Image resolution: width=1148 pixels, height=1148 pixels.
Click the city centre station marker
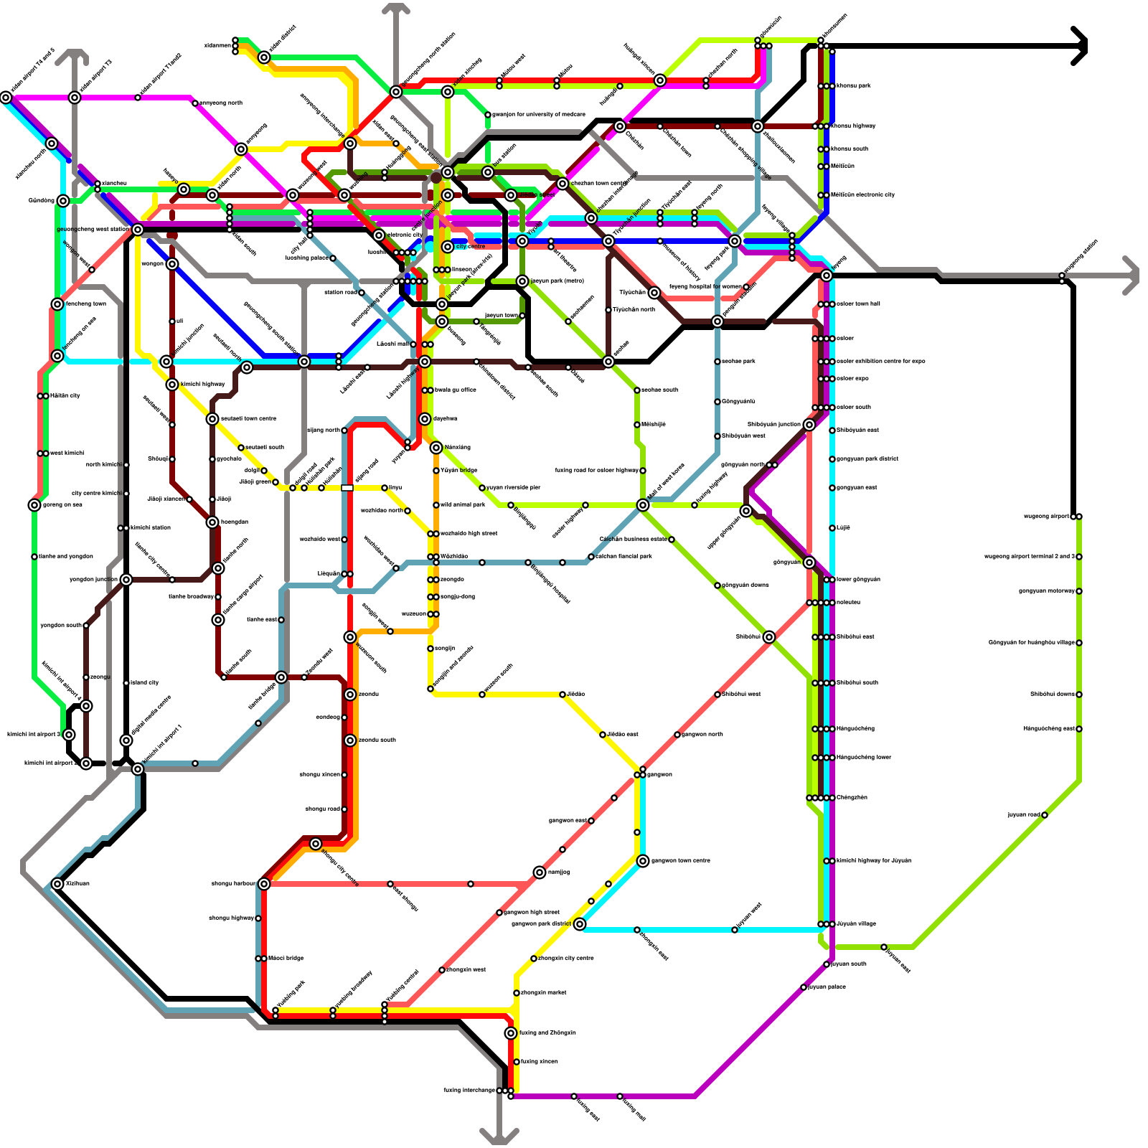pyautogui.click(x=448, y=247)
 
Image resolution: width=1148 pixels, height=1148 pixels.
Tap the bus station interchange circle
pyautogui.click(x=488, y=172)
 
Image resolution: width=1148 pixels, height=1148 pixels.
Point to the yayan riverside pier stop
pyautogui.click(x=482, y=488)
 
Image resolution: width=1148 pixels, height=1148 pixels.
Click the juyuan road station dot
pyautogui.click(x=1045, y=815)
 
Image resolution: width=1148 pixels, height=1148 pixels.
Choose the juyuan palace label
pyautogui.click(x=827, y=987)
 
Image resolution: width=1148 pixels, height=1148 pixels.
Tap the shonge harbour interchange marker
pyautogui.click(x=264, y=884)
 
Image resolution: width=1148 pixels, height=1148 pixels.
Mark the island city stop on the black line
pyautogui.click(x=126, y=683)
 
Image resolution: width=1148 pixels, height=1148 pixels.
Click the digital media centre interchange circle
pyautogui.click(x=126, y=740)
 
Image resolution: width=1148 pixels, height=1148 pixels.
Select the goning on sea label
pyautogui.click(x=62, y=505)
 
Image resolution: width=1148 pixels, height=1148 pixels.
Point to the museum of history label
pyautogui.click(x=682, y=262)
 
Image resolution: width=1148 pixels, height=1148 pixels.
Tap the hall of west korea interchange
pyautogui.click(x=643, y=505)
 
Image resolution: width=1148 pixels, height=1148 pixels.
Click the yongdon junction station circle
pyautogui.click(x=126, y=580)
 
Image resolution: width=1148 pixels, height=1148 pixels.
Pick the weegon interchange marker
pyautogui.click(x=172, y=264)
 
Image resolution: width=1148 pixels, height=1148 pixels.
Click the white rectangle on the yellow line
pyautogui.click(x=347, y=488)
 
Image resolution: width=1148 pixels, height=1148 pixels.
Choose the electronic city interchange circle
pyautogui.click(x=379, y=235)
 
